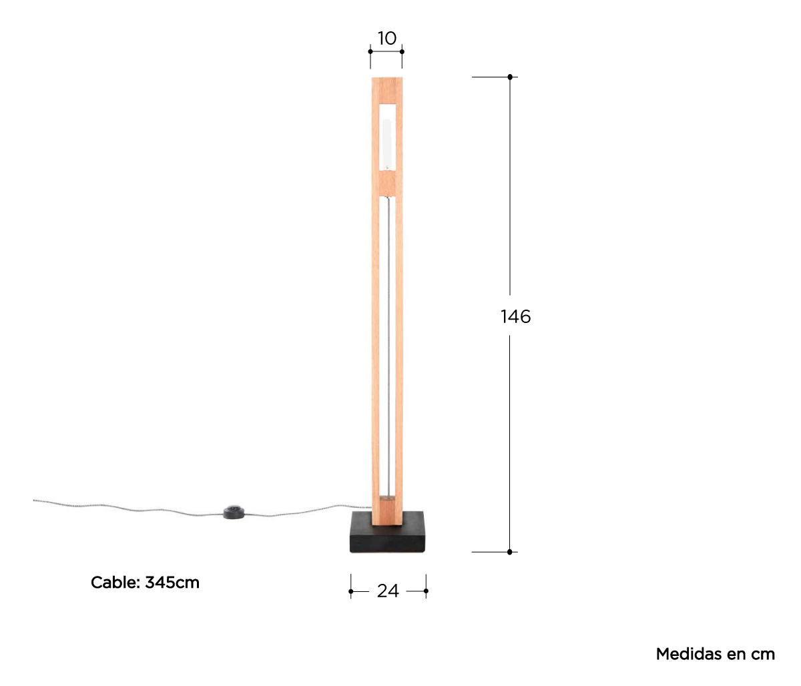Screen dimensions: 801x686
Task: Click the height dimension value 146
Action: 515,316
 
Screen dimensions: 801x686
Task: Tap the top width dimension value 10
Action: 387,38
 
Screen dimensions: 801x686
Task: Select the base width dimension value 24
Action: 388,591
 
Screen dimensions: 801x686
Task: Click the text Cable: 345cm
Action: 145,583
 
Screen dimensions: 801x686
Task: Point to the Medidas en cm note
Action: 716,654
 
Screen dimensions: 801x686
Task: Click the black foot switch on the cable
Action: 234,511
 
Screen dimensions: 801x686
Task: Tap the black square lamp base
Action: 388,533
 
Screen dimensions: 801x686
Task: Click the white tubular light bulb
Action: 386,144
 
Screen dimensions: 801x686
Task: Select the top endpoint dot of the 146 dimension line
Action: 510,77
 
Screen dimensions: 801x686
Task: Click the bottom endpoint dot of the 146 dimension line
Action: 509,552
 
